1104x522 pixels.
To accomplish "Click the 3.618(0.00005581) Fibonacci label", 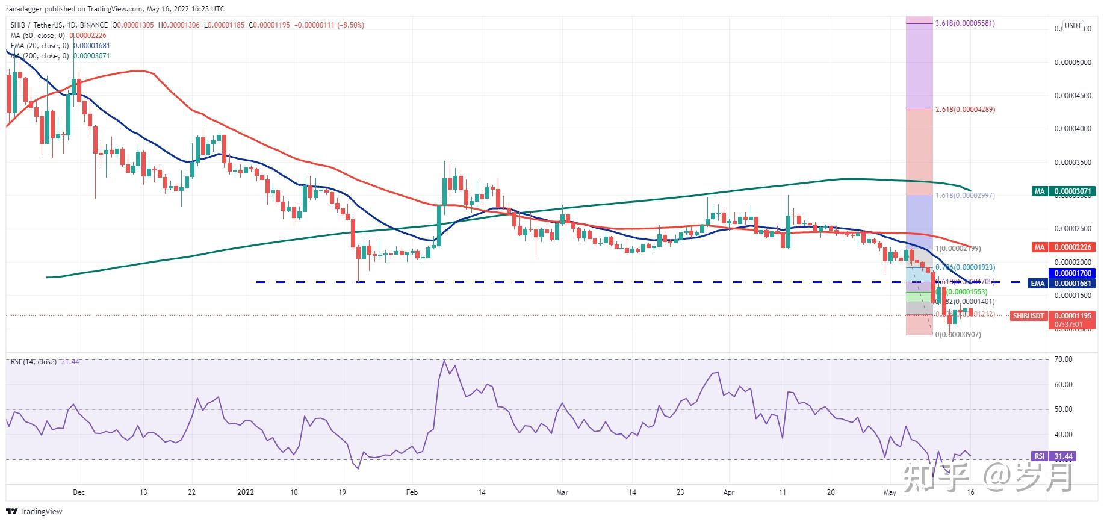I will (964, 23).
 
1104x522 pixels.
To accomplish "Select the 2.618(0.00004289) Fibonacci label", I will (964, 110).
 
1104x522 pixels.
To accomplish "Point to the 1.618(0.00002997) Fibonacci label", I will (964, 196).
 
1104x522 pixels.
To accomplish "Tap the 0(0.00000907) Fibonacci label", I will (957, 335).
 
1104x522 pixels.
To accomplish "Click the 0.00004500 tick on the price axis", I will (1072, 96).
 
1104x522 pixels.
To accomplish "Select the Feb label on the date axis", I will (411, 492).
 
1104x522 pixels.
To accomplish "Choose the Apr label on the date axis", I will (728, 492).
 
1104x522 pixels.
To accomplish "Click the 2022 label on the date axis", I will (246, 492).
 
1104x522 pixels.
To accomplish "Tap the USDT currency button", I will (1073, 26).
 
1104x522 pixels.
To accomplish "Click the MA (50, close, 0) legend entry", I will (37, 36).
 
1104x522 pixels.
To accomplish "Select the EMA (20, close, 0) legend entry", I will (39, 46).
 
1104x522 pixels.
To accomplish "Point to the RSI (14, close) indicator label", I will (33, 362).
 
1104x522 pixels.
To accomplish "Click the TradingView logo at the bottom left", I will (36, 512).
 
